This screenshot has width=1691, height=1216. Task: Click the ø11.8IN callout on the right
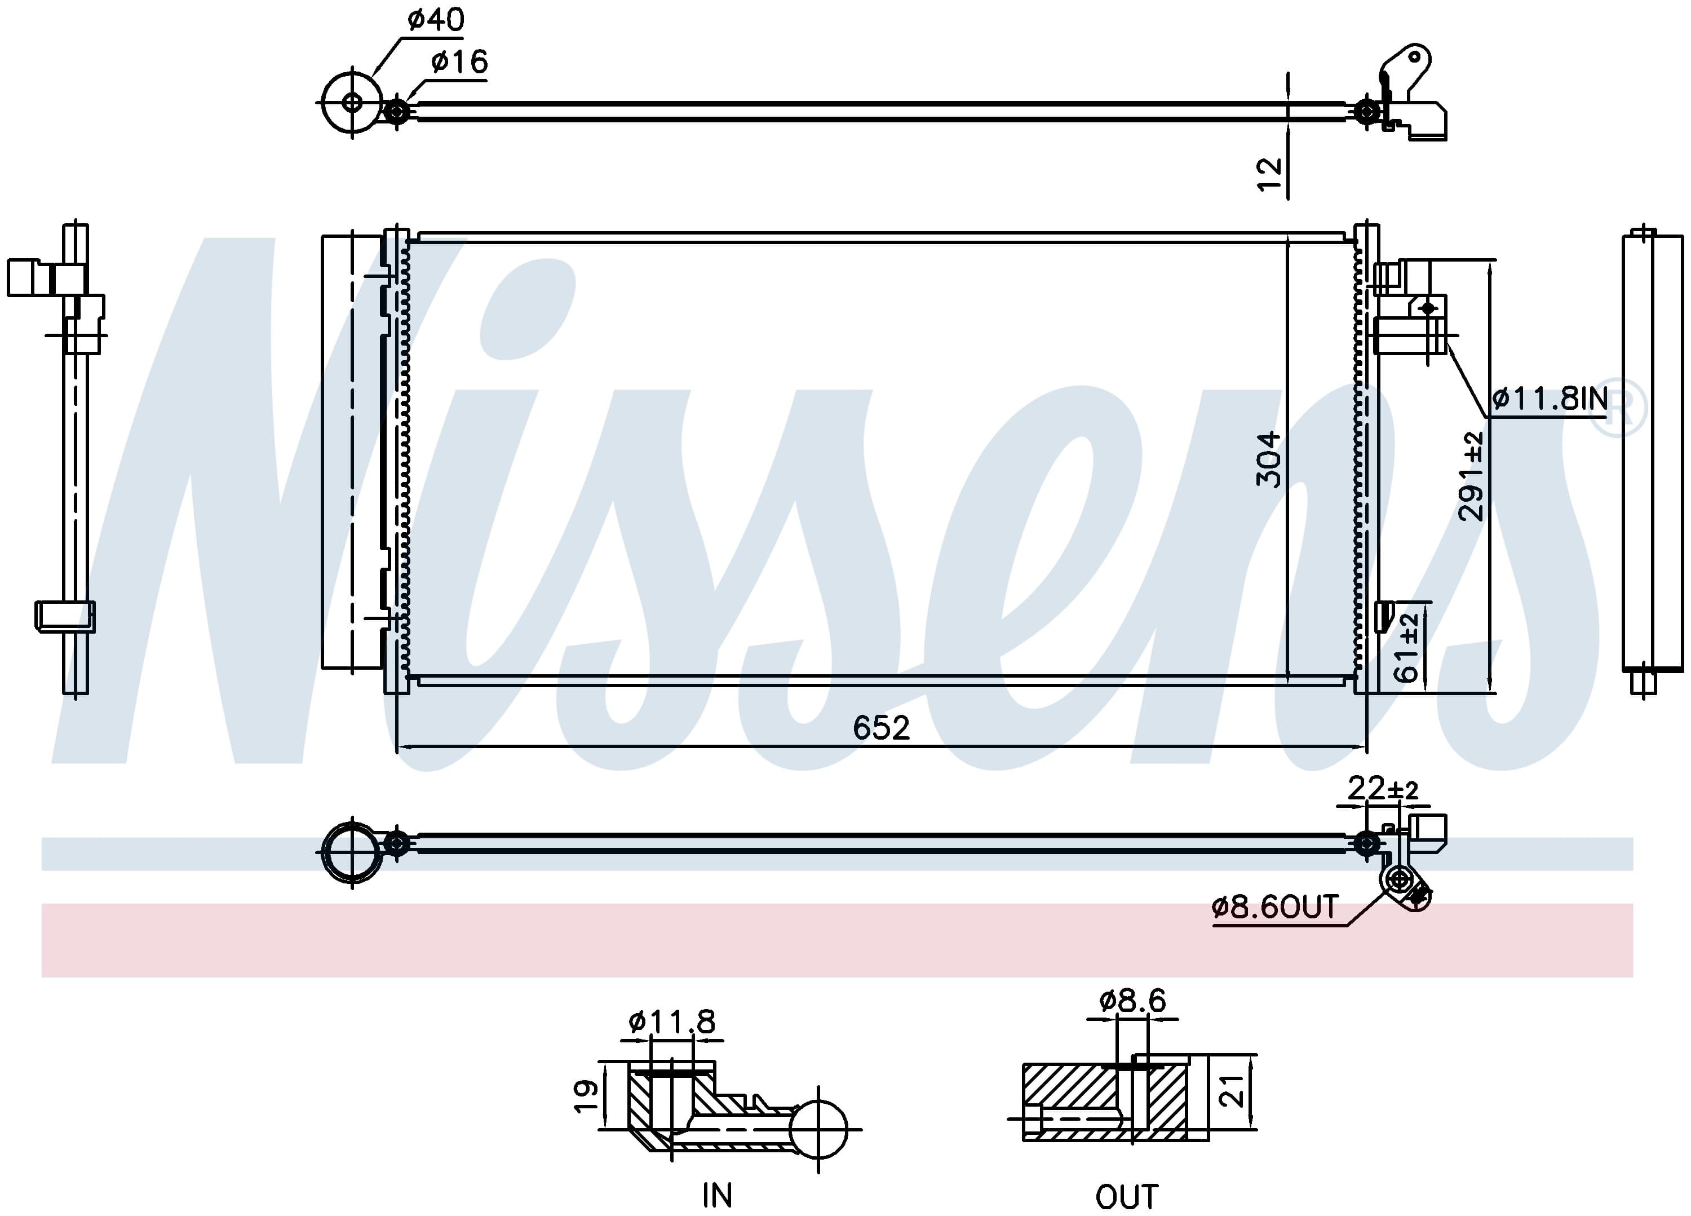coord(1550,399)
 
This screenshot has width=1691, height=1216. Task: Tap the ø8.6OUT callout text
coord(1276,907)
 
